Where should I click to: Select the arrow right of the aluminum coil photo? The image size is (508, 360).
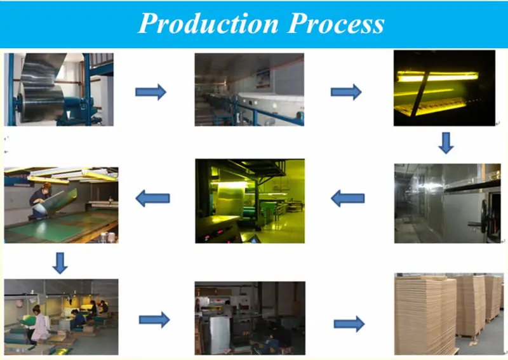coord(150,92)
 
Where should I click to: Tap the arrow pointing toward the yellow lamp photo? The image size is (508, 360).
coord(346,92)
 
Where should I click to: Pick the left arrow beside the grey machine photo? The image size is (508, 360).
coord(347,199)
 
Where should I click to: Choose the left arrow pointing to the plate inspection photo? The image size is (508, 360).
coord(153,199)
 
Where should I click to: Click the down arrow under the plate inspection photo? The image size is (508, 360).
coord(60,262)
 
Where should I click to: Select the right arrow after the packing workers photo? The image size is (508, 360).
coord(154,319)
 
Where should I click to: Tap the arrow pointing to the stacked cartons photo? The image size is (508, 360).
coord(349,324)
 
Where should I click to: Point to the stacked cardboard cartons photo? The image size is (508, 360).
coord(444,314)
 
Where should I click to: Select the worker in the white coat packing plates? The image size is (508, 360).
coord(39,324)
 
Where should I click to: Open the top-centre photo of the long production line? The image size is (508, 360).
coord(249,89)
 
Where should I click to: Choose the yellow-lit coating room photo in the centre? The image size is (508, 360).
coord(250,201)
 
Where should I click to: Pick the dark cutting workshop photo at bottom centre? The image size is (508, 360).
coord(250,317)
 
